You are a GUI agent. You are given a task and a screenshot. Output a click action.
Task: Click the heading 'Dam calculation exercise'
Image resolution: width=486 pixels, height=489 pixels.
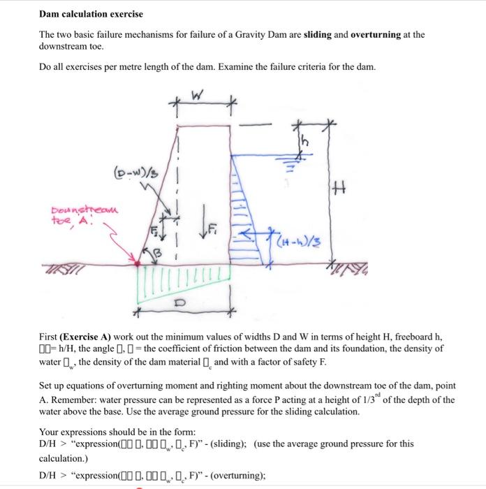pos(91,14)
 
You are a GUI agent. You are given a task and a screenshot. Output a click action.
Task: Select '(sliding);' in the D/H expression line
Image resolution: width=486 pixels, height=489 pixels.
pos(225,444)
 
